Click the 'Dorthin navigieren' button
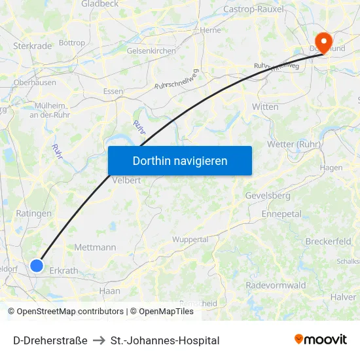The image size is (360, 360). click(x=180, y=160)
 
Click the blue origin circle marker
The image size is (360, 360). click(x=37, y=265)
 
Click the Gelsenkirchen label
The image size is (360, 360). click(x=151, y=50)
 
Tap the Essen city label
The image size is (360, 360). click(x=113, y=92)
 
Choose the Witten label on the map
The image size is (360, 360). click(x=265, y=107)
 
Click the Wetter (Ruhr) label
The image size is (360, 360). click(x=293, y=144)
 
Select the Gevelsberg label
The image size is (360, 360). click(x=267, y=196)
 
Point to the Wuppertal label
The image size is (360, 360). click(x=190, y=240)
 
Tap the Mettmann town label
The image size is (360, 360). click(x=95, y=247)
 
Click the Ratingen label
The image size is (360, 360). click(x=33, y=213)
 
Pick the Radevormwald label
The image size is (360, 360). click(x=276, y=285)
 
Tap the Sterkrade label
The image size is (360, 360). click(x=32, y=46)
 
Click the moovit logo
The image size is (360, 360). click(x=320, y=340)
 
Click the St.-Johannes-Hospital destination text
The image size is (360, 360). click(x=165, y=340)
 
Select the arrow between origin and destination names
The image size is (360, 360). click(x=99, y=340)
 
